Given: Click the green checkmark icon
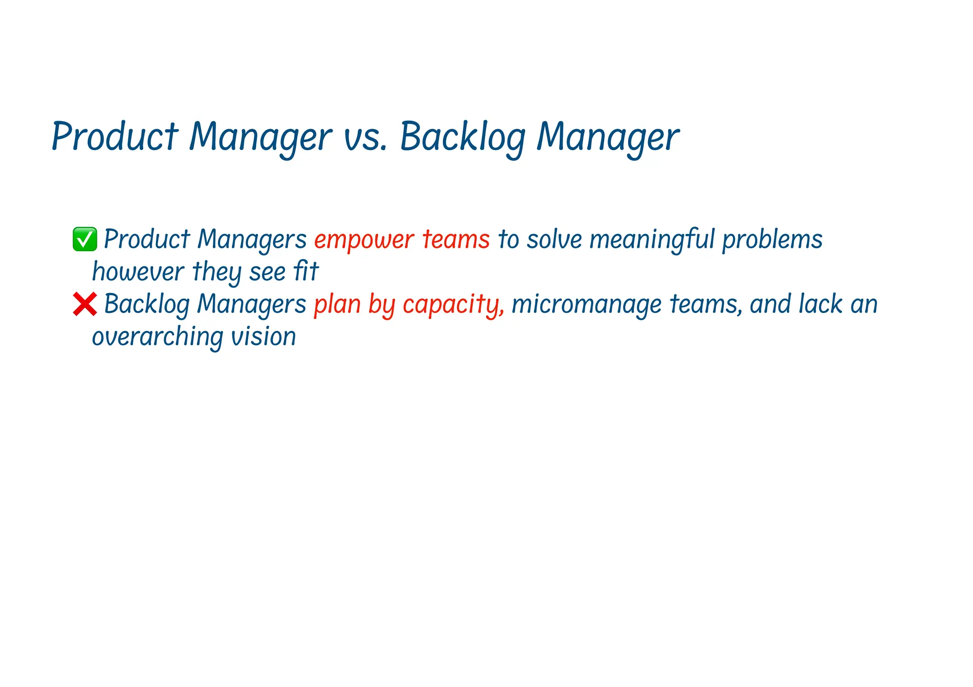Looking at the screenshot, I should tap(85, 239).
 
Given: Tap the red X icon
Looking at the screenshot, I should tap(85, 304).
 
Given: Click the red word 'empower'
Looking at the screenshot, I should tap(364, 239).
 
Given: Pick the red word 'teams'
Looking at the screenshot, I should tap(456, 239).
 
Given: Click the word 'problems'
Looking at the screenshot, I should tap(773, 239).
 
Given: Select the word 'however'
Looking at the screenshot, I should tap(138, 272).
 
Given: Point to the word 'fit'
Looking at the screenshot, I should tap(306, 272).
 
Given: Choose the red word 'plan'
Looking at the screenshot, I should tap(337, 304).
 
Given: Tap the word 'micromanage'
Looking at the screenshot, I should tap(586, 304).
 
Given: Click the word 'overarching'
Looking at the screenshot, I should tap(157, 337).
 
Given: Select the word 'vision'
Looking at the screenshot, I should tap(263, 337).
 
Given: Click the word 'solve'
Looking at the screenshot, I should tap(554, 239).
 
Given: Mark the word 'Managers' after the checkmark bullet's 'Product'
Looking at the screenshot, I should tap(252, 239).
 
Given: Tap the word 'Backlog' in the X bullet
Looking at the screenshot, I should tap(146, 304).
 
